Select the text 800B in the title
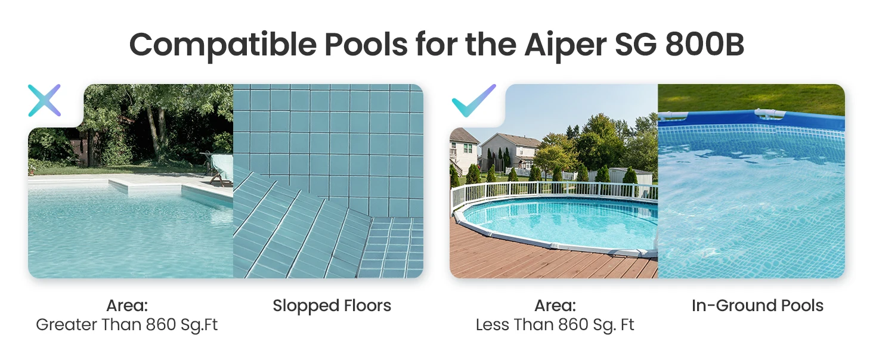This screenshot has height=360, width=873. pyautogui.click(x=705, y=45)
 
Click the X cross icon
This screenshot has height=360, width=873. pyautogui.click(x=45, y=101)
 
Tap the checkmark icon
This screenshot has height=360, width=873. pyautogui.click(x=473, y=101)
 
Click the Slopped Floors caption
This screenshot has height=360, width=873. pyautogui.click(x=332, y=306)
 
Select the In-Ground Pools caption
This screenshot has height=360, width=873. pyautogui.click(x=757, y=306)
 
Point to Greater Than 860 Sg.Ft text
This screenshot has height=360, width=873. pyautogui.click(x=126, y=325)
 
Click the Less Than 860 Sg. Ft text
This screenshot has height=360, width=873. pyautogui.click(x=555, y=325)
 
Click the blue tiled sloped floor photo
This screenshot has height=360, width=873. pyautogui.click(x=328, y=181)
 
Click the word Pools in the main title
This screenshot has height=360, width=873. pyautogui.click(x=366, y=45)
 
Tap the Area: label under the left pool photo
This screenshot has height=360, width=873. pyautogui.click(x=127, y=306)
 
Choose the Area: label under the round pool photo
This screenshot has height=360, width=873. pyautogui.click(x=555, y=306)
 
